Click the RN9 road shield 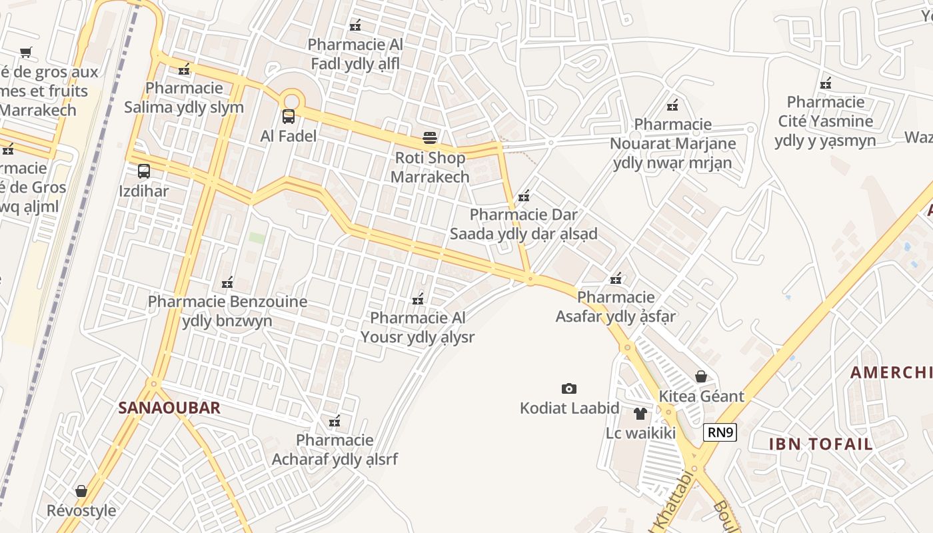tap(720, 433)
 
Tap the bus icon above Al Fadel tap(289, 117)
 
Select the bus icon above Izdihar tap(144, 171)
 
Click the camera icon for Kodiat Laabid tap(569, 388)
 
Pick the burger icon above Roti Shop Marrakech tap(431, 138)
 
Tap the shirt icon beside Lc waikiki tap(640, 414)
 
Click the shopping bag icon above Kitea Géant tap(701, 376)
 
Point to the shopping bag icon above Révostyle tap(81, 491)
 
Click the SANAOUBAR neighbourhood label tap(169, 408)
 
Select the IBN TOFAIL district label tap(821, 444)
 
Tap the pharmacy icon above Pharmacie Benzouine tap(227, 282)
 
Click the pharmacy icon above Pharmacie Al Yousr tap(418, 298)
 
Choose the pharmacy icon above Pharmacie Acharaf tap(335, 421)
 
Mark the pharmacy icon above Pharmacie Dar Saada tap(524, 196)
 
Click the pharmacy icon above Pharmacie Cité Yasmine tap(826, 83)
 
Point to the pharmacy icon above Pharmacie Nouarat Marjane tap(672, 105)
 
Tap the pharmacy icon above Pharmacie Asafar tap(616, 278)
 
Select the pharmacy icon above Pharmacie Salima tap(185, 69)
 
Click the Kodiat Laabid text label tap(570, 408)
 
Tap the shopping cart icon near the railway tap(26, 52)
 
